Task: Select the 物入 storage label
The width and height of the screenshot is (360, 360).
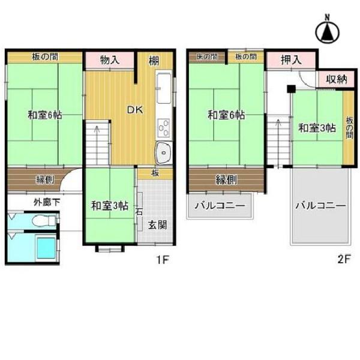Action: (x=109, y=60)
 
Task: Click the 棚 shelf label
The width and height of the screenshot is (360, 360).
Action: (x=154, y=60)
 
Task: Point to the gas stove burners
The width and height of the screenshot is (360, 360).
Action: (x=163, y=128)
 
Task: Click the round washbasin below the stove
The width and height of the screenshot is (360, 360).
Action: (x=163, y=154)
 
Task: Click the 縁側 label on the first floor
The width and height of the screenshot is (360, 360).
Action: (x=45, y=179)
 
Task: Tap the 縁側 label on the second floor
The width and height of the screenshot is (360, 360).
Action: (x=226, y=179)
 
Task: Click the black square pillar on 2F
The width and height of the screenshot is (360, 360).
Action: (x=290, y=89)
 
